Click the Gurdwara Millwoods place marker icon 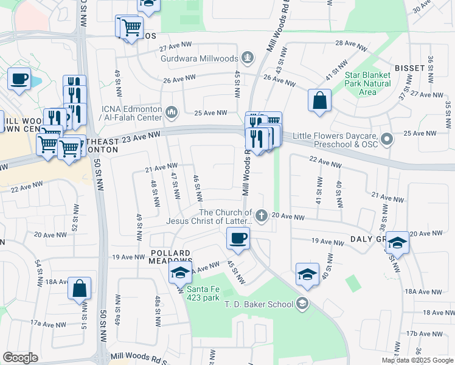coord(248,58)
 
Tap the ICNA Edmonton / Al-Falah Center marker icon coord(172,112)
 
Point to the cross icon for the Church coord(262,215)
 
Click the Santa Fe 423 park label coord(203,293)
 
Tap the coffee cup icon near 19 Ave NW coord(238,238)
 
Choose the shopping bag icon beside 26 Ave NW coord(319,101)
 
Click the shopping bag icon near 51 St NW coord(79,289)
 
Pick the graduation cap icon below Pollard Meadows coord(180,274)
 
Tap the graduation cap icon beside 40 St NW coord(308,274)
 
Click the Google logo coord(20,358)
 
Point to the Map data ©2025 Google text coord(418,360)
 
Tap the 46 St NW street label coord(197,189)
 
